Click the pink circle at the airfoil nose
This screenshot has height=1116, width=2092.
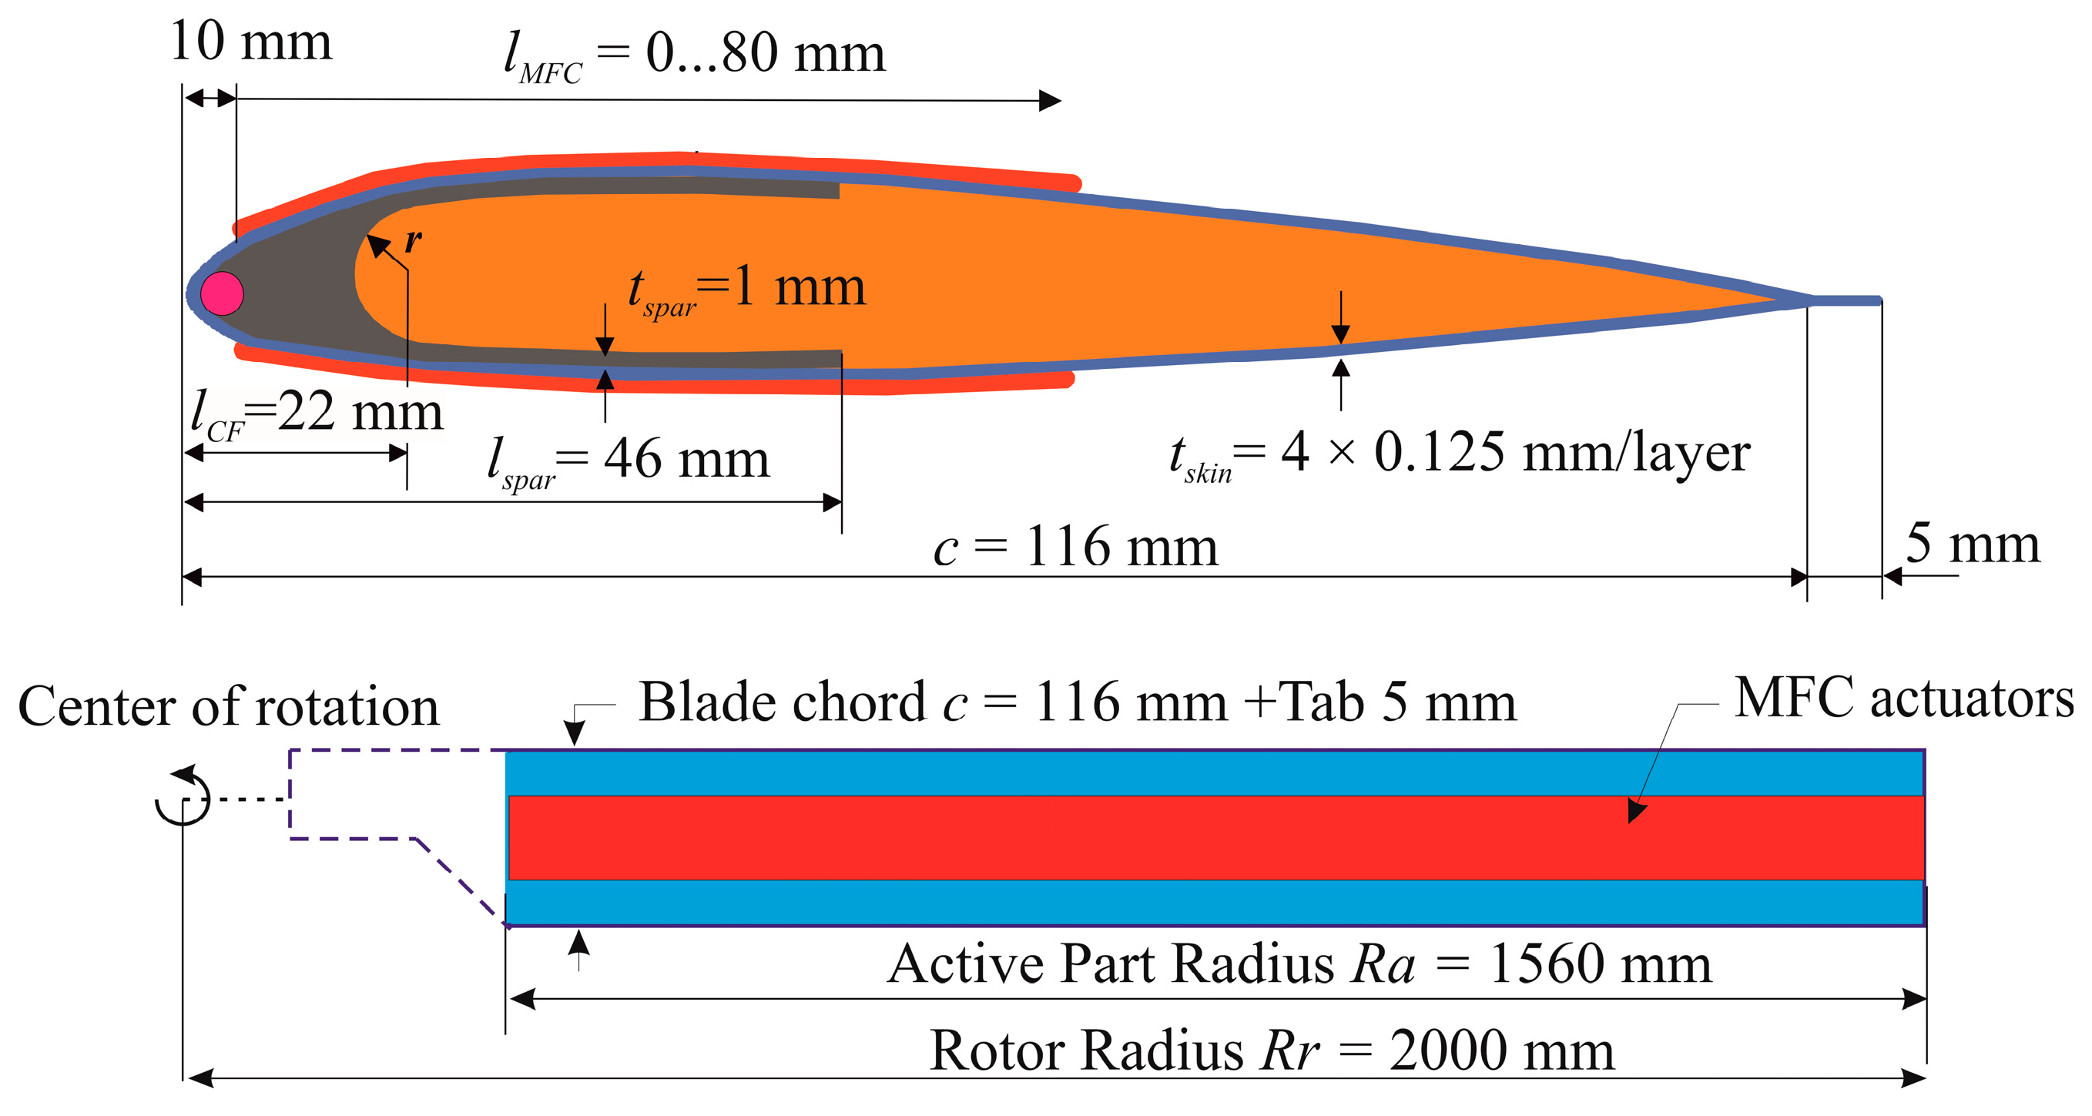pyautogui.click(x=222, y=293)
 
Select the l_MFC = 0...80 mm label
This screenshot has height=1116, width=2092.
pyautogui.click(x=693, y=55)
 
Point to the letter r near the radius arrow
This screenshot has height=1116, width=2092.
pyautogui.click(x=414, y=240)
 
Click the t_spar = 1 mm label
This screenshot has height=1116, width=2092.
pyautogui.click(x=747, y=289)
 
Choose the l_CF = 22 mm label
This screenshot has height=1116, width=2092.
pyautogui.click(x=317, y=413)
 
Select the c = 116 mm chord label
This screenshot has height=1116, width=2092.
pyautogui.click(x=1075, y=547)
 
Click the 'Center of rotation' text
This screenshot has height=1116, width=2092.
pyautogui.click(x=228, y=705)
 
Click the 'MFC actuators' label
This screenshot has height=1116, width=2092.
pyautogui.click(x=1903, y=698)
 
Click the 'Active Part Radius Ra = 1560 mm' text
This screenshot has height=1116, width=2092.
pyautogui.click(x=1299, y=964)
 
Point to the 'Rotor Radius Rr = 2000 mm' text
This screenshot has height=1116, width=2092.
pyautogui.click(x=1271, y=1051)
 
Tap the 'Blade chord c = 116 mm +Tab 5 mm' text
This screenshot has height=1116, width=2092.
pyautogui.click(x=1077, y=702)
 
